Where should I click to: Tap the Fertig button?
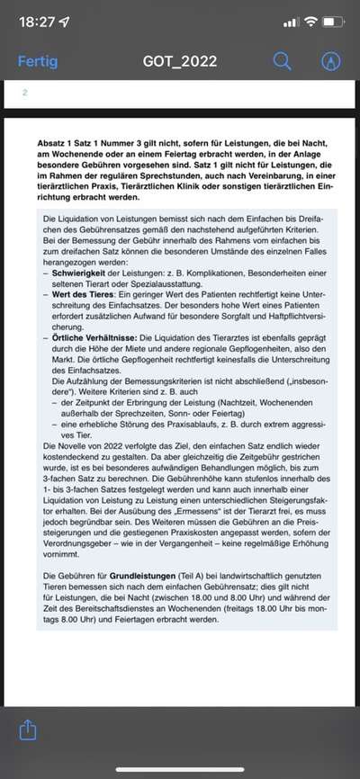coord(38,61)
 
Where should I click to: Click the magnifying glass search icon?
coord(283,61)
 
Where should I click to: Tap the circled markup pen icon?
coord(330,61)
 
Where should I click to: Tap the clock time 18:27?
coord(36,21)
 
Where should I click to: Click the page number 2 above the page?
coord(25,92)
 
